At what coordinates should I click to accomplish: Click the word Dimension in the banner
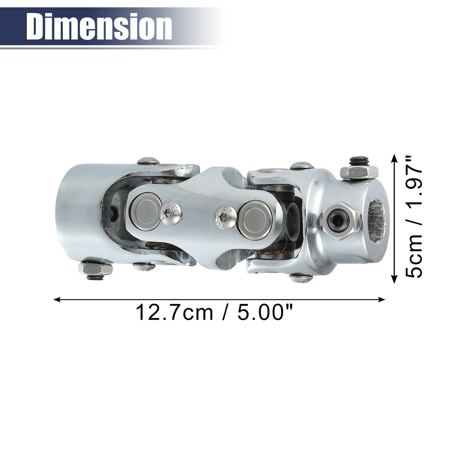coord(99,27)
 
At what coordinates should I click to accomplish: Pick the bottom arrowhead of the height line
coord(394,280)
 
